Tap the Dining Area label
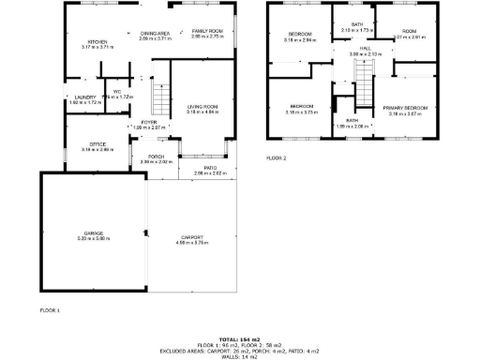tap(156, 32)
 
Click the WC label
tap(118, 92)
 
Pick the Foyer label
tap(149, 123)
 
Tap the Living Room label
tap(203, 109)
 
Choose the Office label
tap(97, 144)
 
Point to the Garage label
tap(93, 232)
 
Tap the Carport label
tap(191, 238)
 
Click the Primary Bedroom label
tap(406, 109)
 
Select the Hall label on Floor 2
tap(352, 51)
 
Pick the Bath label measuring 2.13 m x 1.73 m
tap(357, 24)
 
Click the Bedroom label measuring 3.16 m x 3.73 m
tap(302, 106)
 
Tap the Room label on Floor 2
tap(410, 32)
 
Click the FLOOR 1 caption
tap(50, 309)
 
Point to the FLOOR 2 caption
tap(277, 158)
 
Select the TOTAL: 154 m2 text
tap(239, 338)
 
